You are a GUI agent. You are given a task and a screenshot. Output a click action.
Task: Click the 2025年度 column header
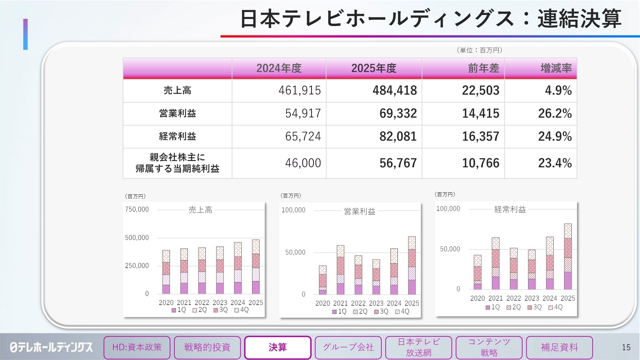point(374,68)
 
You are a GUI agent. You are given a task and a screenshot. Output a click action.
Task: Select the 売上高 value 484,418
point(395,90)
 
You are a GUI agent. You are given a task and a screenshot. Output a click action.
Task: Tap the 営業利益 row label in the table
point(177,113)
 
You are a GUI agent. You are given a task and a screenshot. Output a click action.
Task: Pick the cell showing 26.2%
point(555,113)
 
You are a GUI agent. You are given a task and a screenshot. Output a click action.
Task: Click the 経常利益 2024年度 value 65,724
point(303,136)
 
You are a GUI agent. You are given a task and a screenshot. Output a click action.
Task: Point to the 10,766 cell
point(481,163)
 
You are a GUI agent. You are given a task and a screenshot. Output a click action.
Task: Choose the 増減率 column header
point(556,68)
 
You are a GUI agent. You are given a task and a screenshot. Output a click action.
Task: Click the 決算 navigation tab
point(278,347)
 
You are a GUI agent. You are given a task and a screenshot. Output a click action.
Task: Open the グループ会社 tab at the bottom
point(348,347)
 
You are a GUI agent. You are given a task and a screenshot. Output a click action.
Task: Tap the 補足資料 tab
point(559,347)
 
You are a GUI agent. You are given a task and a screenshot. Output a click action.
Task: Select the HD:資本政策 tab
point(137,347)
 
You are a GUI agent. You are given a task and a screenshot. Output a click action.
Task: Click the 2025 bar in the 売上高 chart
point(256,267)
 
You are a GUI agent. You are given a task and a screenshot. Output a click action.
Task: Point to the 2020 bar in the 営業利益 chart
point(323,280)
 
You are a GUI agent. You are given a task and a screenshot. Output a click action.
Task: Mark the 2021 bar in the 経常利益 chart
point(496,263)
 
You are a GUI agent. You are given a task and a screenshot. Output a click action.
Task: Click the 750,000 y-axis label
point(137,209)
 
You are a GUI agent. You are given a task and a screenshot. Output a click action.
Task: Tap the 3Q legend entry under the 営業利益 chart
point(381,311)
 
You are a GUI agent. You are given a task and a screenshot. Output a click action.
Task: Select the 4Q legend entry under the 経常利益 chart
point(556,307)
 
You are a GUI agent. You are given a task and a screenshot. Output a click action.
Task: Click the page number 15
point(626,347)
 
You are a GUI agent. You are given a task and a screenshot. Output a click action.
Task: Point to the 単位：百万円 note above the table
point(479,50)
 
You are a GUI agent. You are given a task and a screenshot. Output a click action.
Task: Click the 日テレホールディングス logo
point(51,347)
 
